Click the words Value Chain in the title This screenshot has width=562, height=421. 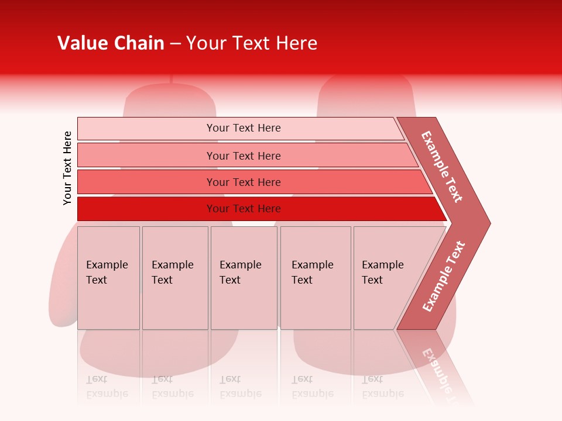(x=111, y=43)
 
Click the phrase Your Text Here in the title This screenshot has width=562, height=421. (x=252, y=43)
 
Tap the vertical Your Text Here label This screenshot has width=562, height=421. (x=67, y=168)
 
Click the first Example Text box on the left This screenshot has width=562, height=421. (x=108, y=278)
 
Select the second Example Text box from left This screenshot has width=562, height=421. (x=174, y=278)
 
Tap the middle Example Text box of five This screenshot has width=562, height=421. (x=244, y=278)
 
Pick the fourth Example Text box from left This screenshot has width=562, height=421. (x=315, y=278)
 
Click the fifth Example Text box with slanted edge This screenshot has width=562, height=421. (x=386, y=278)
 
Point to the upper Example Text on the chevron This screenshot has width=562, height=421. (x=442, y=167)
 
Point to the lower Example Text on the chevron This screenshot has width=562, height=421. (x=444, y=277)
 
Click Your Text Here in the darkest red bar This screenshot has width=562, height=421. (x=244, y=209)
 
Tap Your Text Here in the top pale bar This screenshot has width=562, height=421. (x=244, y=128)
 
